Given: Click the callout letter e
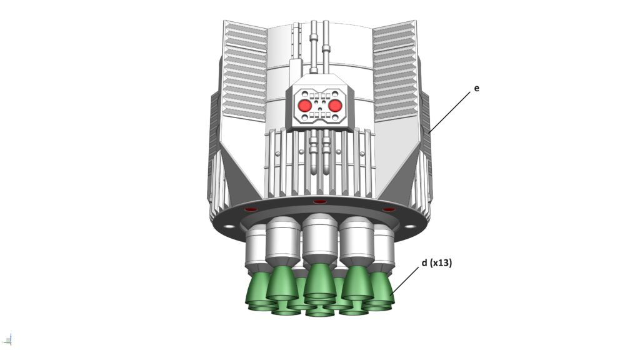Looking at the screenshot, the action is (476, 88).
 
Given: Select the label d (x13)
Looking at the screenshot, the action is (437, 263).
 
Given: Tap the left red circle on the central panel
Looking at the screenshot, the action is (304, 106).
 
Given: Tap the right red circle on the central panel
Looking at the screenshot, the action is (335, 106).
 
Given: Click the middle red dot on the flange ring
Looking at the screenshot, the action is (319, 202).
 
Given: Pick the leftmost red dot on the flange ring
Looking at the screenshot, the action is (251, 209).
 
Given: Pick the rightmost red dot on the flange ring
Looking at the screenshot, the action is (389, 209).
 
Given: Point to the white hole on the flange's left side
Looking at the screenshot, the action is (229, 226).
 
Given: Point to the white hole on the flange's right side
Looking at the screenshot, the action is (410, 226).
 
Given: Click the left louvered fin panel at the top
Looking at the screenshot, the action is (245, 70).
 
